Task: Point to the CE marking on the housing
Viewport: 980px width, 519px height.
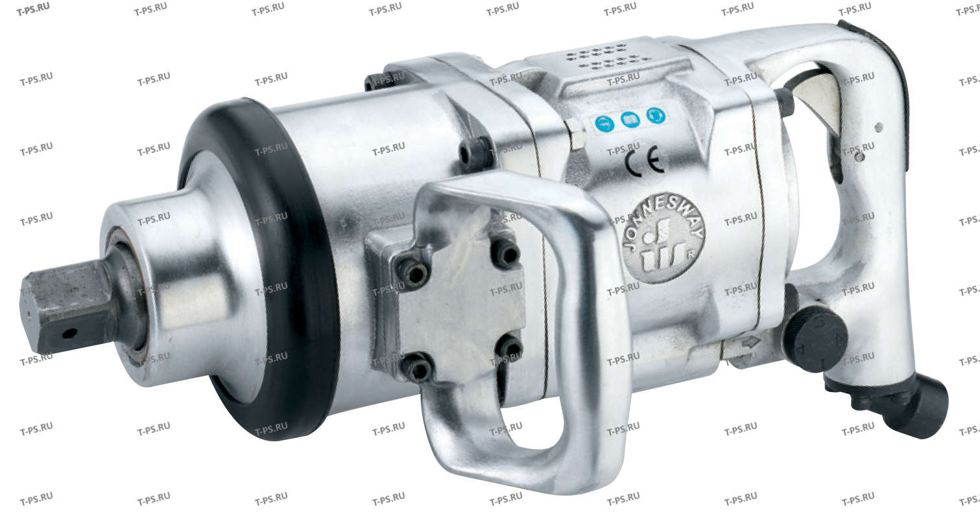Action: click(x=645, y=161)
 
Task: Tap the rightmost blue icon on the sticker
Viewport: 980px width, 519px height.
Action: click(x=656, y=117)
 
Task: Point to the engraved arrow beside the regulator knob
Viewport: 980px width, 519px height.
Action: click(x=750, y=344)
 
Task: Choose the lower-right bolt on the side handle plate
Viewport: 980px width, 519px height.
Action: click(x=511, y=349)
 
